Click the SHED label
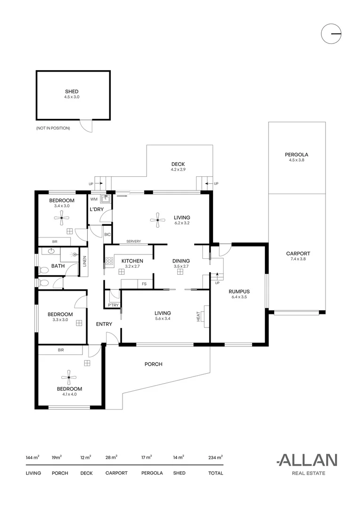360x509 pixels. (72, 91)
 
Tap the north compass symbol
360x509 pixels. (331, 34)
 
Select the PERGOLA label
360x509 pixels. (296, 155)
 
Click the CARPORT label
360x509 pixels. (298, 254)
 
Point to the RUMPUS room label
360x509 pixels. (239, 291)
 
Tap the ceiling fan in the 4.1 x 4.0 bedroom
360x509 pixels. (69, 377)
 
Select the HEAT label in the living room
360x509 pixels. (198, 317)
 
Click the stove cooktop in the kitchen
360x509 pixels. (109, 261)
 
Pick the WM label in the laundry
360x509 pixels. (94, 199)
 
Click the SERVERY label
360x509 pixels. (133, 241)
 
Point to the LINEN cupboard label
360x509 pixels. (85, 261)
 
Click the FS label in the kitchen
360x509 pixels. (144, 284)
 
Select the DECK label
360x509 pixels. (178, 164)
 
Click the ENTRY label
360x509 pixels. (104, 324)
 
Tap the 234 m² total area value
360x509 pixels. (215, 457)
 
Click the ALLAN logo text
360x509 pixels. (307, 460)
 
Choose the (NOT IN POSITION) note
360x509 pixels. (53, 128)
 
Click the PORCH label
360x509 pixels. (153, 364)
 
